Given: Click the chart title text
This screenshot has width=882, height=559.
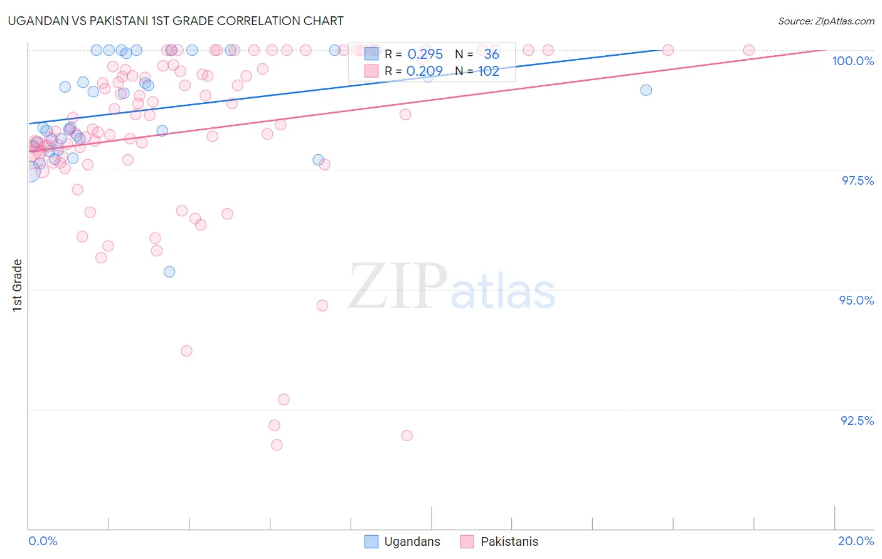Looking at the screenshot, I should pos(176,21).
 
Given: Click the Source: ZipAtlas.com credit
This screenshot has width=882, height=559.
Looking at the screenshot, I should pos(826,21).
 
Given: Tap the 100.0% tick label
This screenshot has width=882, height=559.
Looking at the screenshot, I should pos(853,61).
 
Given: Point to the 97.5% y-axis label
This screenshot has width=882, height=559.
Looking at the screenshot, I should pos(858,180).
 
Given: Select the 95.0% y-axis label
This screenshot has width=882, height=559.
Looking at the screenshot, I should pos(856,300).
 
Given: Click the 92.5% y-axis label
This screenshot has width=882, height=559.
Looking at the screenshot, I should pos(857,421).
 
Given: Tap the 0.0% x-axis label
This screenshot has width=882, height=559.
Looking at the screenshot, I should pos(43,541).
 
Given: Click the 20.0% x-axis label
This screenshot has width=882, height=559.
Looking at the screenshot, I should pos(856,541).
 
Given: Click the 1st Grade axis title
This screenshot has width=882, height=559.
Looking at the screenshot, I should pos(18,285).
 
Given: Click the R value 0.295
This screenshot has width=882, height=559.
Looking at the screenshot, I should pos(425,55).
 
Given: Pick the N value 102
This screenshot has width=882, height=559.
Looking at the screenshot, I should pos(488,71).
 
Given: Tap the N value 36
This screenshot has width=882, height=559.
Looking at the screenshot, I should pos(491,55).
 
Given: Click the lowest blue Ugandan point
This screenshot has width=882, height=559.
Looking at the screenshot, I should pos(169,272).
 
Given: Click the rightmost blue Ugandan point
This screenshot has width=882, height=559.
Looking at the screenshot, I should pos(646,90).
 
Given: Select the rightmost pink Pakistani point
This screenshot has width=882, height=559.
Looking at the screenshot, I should pos(748,50).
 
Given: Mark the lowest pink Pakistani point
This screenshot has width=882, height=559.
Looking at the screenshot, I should pos(277,445).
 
